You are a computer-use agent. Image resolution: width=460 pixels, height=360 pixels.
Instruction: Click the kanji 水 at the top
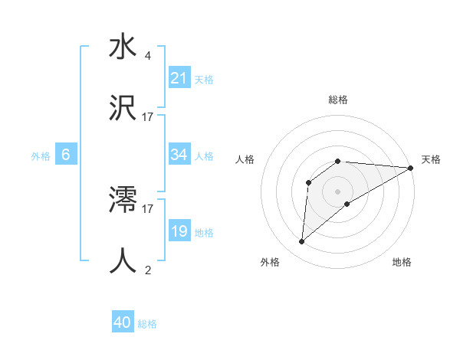123,47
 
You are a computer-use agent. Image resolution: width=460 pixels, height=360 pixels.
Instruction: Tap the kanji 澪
123,201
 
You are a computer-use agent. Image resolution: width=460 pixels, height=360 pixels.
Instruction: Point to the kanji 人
123,261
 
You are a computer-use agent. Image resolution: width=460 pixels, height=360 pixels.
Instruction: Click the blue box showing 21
179,78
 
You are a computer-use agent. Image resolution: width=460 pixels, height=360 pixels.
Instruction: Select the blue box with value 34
179,155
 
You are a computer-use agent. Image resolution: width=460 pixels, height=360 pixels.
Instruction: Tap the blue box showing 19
179,231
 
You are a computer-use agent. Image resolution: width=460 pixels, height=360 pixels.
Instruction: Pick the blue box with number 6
66,155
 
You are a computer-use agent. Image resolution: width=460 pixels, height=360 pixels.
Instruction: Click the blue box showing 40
122,323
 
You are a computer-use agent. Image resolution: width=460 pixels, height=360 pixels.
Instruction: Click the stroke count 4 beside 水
147,56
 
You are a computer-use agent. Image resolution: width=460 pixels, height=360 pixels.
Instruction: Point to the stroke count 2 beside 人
147,270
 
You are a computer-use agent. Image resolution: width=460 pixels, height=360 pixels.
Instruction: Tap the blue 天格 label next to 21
204,79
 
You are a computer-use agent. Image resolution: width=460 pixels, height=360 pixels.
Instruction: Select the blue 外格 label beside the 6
41,155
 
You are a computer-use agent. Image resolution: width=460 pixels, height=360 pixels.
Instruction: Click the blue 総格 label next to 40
147,324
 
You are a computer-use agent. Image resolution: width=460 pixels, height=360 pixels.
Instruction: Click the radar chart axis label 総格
338,100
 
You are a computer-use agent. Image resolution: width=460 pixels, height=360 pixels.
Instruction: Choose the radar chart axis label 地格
402,262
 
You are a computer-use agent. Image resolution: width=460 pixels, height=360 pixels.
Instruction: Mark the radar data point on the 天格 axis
411,169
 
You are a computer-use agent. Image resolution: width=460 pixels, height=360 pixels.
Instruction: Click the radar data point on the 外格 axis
302,242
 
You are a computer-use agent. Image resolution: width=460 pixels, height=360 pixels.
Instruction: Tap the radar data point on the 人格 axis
309,182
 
